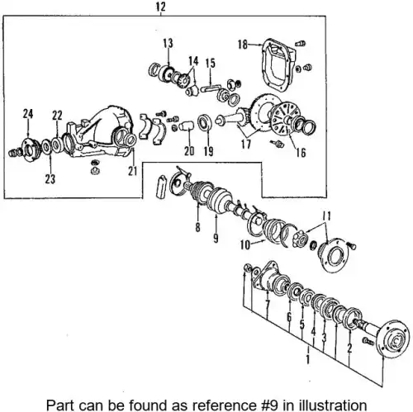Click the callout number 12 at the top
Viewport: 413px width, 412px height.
coord(161,7)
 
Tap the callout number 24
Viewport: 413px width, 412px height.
coord(28,114)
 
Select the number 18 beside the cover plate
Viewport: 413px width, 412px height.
coord(243,45)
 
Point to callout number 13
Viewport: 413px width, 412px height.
coord(168,43)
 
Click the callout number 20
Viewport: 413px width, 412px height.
coord(189,151)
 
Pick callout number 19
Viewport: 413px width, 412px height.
coord(208,151)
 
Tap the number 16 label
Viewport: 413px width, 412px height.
coord(301,152)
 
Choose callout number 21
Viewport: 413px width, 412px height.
coord(133,171)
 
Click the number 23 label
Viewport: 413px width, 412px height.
coord(50,179)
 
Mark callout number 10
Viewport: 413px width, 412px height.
coord(245,244)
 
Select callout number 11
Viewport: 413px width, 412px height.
coord(326,216)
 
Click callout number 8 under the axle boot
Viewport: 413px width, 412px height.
coord(197,228)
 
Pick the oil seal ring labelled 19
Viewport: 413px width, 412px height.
coord(205,122)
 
